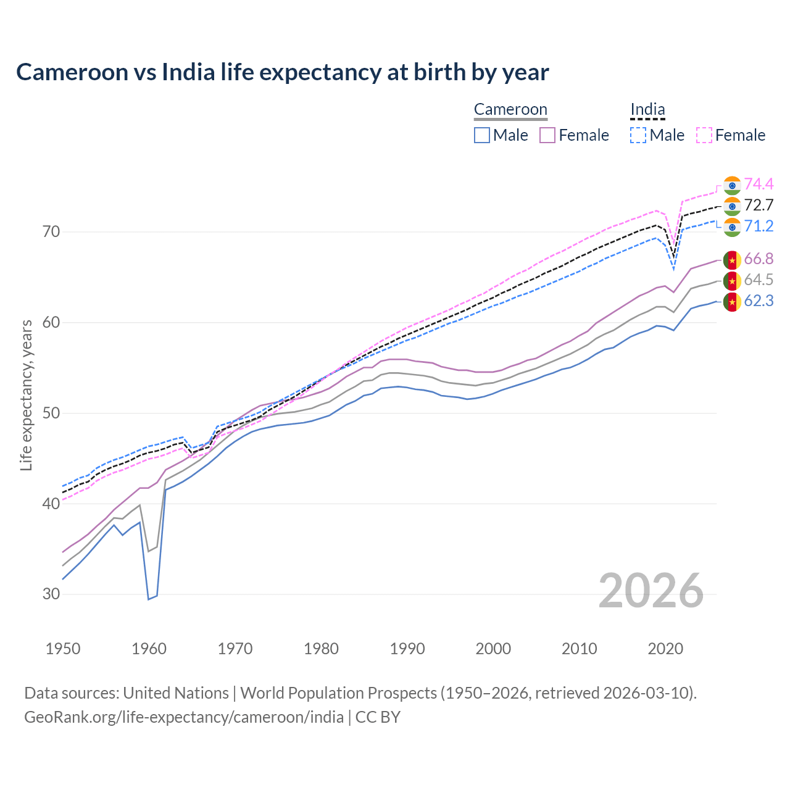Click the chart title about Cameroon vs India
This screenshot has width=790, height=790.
point(282,72)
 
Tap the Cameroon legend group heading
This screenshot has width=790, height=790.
point(510,110)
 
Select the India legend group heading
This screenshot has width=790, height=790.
point(647,110)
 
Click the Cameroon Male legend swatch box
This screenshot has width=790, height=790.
point(482,135)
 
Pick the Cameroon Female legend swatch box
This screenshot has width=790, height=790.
point(547,135)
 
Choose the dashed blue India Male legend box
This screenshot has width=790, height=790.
point(638,135)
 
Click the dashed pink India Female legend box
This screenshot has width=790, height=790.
point(704,135)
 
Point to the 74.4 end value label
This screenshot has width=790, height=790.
point(759,184)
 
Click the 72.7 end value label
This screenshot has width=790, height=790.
point(759,205)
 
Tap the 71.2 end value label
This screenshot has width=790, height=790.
point(759,226)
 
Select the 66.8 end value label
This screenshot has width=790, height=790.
point(759,259)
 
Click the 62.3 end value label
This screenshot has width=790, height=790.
point(759,301)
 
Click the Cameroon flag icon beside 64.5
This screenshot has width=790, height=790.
point(732,281)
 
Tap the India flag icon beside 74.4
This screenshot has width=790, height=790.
point(732,185)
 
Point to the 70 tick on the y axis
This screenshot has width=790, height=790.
point(51,232)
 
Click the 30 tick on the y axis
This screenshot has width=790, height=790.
point(51,594)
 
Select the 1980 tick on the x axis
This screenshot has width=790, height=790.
point(321,649)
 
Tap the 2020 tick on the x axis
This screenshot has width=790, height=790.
point(665,649)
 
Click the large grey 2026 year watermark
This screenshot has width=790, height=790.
point(651,591)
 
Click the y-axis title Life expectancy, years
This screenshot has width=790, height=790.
point(27,395)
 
